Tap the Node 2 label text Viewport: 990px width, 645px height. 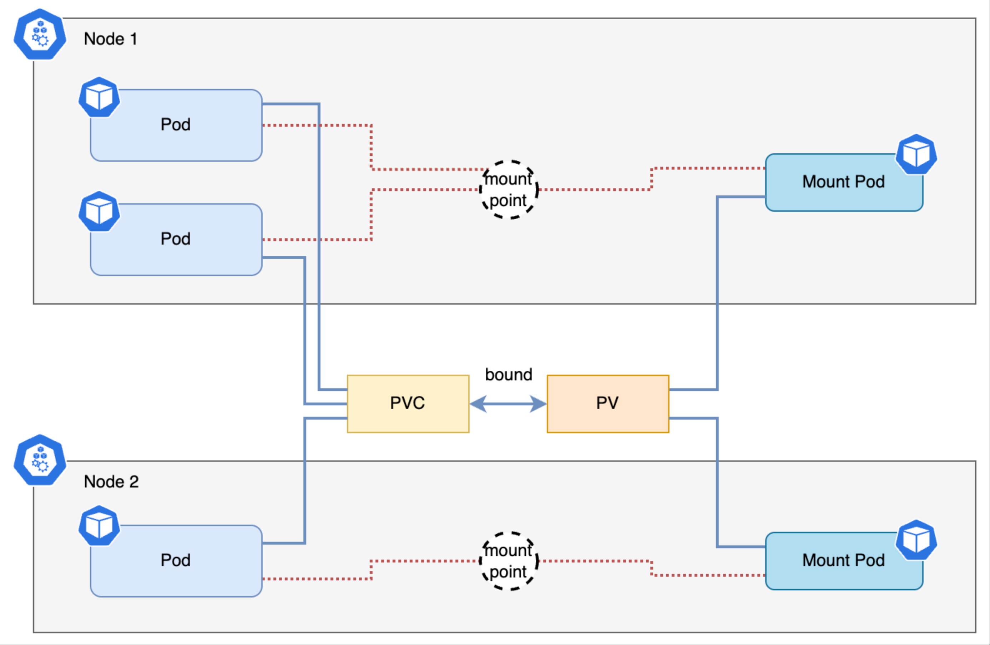pos(111,481)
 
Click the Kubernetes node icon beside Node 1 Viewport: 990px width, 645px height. pos(40,35)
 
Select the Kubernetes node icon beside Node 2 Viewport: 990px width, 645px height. pos(40,460)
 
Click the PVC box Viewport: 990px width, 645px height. pos(408,404)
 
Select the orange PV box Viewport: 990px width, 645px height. pos(608,404)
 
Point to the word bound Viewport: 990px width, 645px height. pos(508,374)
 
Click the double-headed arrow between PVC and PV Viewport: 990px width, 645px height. pos(508,404)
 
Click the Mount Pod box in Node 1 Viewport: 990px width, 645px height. pos(844,182)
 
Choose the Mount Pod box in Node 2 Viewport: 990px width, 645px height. pos(844,561)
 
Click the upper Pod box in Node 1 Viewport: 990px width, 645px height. pos(176,125)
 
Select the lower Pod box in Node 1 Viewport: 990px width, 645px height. pos(176,239)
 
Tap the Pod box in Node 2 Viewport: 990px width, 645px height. pos(176,561)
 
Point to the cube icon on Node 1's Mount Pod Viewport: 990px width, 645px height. pos(916,154)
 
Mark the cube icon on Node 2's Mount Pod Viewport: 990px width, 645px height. pos(916,540)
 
